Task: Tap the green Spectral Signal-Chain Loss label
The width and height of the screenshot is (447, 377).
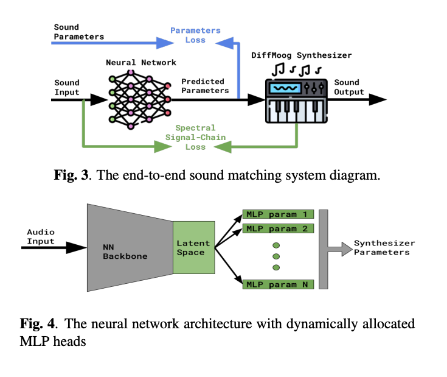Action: pyautogui.click(x=195, y=138)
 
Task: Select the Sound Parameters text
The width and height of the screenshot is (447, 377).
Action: pyautogui.click(x=78, y=32)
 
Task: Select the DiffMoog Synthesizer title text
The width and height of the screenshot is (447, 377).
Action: pyautogui.click(x=302, y=55)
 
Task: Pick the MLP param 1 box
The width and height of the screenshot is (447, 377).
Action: pyautogui.click(x=279, y=214)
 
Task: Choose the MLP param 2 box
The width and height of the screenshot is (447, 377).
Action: pyautogui.click(x=279, y=228)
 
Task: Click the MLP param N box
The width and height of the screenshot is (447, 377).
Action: pyautogui.click(x=279, y=284)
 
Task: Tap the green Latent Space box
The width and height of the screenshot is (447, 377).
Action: pyautogui.click(x=193, y=248)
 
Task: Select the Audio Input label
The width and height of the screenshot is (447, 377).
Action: pyautogui.click(x=40, y=237)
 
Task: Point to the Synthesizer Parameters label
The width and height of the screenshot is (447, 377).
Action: pyautogui.click(x=382, y=248)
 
